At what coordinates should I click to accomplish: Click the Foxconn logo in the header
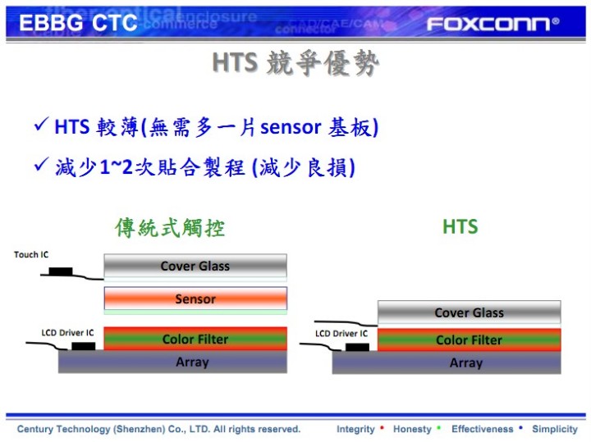point(492,24)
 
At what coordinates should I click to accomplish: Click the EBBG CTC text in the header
point(78,23)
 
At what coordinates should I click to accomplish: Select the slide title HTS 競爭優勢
point(295,63)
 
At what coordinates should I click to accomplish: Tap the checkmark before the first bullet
point(41,124)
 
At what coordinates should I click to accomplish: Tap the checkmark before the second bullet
point(41,164)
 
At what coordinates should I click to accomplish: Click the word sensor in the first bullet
point(291,127)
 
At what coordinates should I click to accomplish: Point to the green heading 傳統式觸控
point(170,227)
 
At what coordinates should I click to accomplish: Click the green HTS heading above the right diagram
point(460,226)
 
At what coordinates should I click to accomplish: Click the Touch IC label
point(31,254)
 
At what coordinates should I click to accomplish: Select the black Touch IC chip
point(61,271)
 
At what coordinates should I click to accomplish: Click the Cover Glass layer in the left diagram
point(195,266)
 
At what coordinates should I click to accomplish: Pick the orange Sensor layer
point(195,299)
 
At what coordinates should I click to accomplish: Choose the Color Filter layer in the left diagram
point(195,339)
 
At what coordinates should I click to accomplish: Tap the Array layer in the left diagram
point(172,362)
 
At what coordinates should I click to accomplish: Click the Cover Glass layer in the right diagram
point(470,312)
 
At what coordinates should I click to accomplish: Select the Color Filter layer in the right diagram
point(470,339)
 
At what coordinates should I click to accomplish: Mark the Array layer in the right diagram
point(447,362)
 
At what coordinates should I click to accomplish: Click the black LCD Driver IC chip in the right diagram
point(357,347)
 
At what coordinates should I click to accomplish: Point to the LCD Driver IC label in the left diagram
point(67,333)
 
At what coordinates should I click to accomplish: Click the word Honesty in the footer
point(412,429)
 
